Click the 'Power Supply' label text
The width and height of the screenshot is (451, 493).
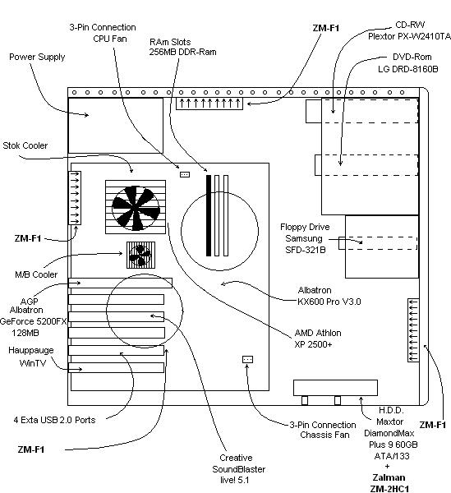click(x=37, y=58)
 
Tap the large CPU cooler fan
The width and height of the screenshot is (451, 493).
click(x=136, y=207)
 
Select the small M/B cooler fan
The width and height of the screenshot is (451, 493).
click(x=140, y=255)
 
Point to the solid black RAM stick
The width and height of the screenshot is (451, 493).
click(x=209, y=215)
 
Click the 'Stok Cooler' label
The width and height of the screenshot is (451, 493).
click(x=25, y=145)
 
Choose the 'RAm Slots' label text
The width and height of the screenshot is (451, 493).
click(x=170, y=42)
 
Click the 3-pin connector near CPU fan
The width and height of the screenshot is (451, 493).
click(x=185, y=174)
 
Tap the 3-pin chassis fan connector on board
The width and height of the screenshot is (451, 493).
click(x=247, y=359)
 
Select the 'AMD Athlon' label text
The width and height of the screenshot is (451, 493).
click(x=318, y=333)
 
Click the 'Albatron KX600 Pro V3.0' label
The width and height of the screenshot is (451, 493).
click(x=329, y=296)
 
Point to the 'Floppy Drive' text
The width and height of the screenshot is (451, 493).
click(x=305, y=227)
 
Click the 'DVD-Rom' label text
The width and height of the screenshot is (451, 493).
click(x=412, y=57)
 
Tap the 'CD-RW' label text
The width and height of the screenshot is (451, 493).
click(x=410, y=25)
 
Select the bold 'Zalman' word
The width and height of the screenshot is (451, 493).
click(x=389, y=477)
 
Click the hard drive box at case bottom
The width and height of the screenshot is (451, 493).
click(x=335, y=388)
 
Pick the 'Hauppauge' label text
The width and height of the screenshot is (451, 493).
click(x=30, y=351)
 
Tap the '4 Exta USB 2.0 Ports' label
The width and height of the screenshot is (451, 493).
click(x=54, y=420)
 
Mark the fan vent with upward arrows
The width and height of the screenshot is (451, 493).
click(x=209, y=104)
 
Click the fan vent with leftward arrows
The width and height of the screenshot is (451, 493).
click(x=413, y=330)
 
